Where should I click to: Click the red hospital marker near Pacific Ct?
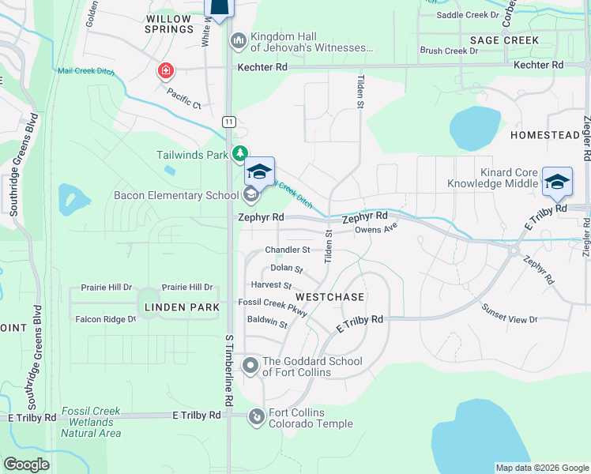[x=165, y=72]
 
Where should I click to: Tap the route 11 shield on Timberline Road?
[x=228, y=121]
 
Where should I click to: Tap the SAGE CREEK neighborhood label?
[x=504, y=40]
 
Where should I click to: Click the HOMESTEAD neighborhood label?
[x=545, y=135]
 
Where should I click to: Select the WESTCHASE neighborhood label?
[x=329, y=297]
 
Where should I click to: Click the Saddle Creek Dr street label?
[x=469, y=15]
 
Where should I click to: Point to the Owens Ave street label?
[x=375, y=230]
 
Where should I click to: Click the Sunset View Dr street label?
[x=510, y=319]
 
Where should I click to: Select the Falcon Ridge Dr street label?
[x=105, y=319]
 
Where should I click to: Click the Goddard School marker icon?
[x=250, y=365]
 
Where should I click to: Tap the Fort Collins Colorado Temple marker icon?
[x=257, y=416]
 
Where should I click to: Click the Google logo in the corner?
[x=27, y=464]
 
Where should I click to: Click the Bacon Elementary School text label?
[x=175, y=195]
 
